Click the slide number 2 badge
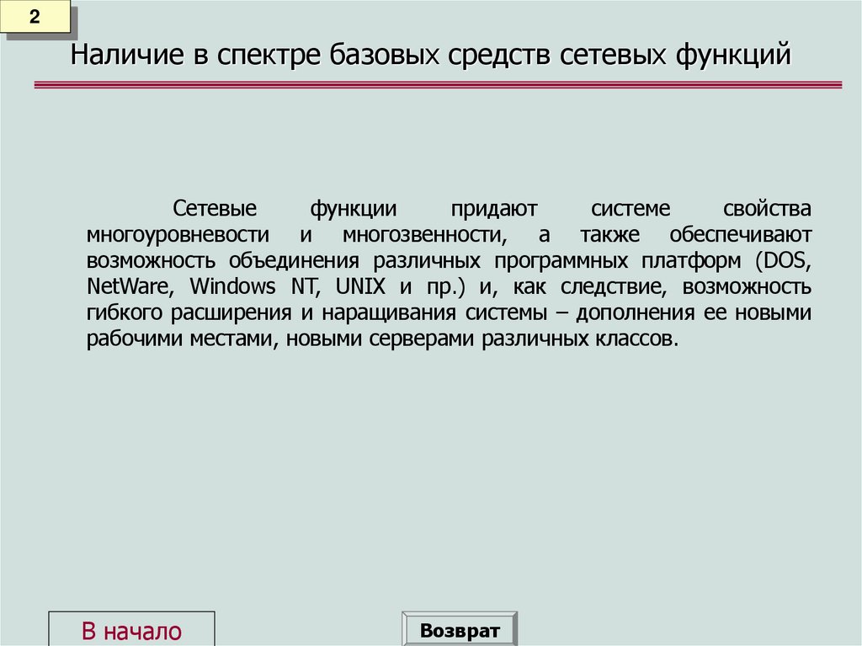(x=35, y=19)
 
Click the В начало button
(x=131, y=631)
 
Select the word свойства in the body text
(x=766, y=207)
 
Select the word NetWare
(x=130, y=286)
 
